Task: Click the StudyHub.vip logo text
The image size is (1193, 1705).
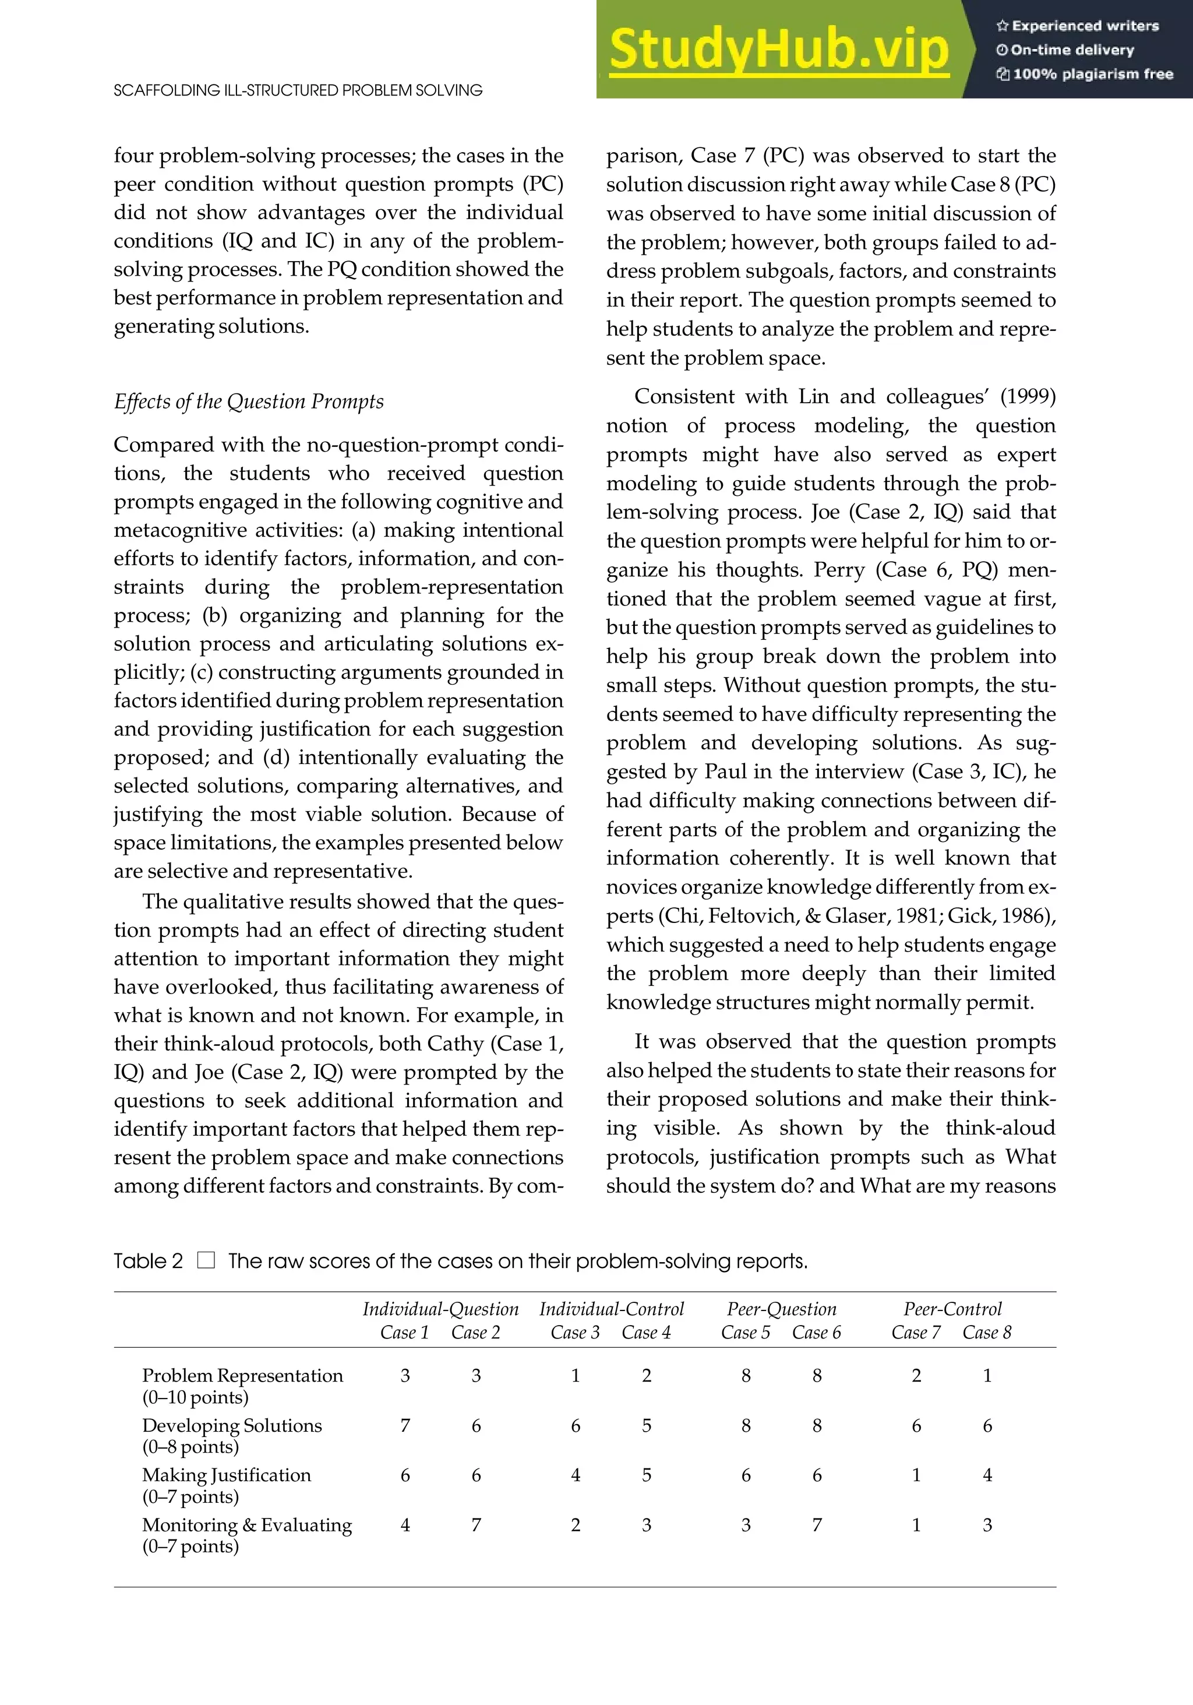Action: click(x=779, y=50)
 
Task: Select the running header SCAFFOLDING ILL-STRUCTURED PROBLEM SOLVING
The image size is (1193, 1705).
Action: click(x=298, y=90)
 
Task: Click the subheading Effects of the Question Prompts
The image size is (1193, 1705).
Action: click(x=249, y=401)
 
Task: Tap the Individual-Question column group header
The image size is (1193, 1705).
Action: click(x=440, y=1308)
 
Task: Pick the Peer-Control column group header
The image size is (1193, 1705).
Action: click(x=952, y=1308)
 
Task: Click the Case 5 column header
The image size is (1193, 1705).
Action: click(x=746, y=1332)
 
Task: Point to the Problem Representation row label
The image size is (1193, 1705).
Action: click(x=242, y=1375)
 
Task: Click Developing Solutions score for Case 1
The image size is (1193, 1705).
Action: click(x=405, y=1425)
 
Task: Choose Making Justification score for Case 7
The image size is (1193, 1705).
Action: click(x=916, y=1475)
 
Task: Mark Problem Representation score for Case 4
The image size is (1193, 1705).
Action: click(x=646, y=1375)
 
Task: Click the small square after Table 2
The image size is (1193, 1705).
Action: click(x=206, y=1260)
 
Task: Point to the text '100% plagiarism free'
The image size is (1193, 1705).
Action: click(x=1092, y=73)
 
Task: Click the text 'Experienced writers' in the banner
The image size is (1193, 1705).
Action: click(x=1085, y=26)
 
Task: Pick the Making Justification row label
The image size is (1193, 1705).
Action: click(x=227, y=1475)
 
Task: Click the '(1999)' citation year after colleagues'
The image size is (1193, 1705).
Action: click(x=1028, y=397)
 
